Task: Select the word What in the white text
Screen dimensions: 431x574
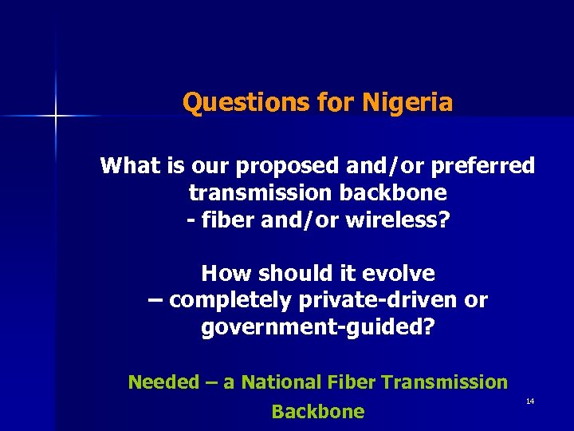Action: [x=130, y=166]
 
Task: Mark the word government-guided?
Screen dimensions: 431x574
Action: [x=318, y=328]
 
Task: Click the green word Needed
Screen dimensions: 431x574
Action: [x=163, y=382]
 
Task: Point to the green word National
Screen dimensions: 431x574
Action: [x=278, y=382]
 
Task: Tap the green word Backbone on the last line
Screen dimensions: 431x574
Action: [x=317, y=412]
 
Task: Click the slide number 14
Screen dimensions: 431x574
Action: [x=530, y=401]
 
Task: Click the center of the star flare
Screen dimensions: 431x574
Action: [x=56, y=117]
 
